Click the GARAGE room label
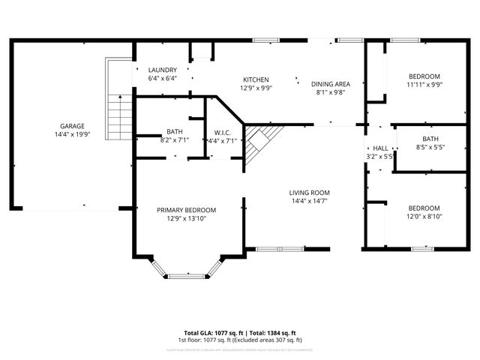[73, 126]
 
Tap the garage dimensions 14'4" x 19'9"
[73, 134]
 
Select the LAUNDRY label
[162, 69]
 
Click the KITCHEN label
[256, 79]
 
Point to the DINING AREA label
[331, 84]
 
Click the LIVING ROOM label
[310, 193]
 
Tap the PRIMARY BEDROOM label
[186, 209]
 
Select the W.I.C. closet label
[221, 132]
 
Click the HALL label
[381, 148]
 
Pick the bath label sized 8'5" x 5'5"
[430, 139]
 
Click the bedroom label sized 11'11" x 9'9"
[424, 76]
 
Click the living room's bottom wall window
[280, 248]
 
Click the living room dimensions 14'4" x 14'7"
[310, 201]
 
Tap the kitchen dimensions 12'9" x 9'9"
[256, 88]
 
